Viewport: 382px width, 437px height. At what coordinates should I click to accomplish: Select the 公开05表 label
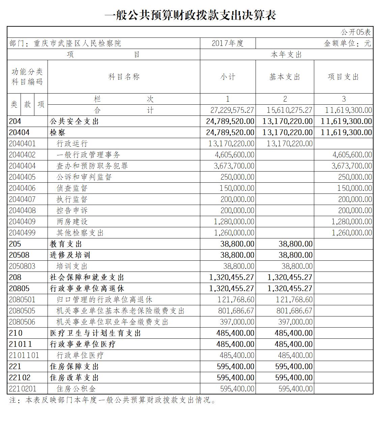tap(355, 32)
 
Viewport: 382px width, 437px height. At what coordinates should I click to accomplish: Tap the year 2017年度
tap(228, 43)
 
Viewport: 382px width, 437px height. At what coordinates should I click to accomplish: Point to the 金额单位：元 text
tap(347, 43)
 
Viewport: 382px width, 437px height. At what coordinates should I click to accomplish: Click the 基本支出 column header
tap(285, 77)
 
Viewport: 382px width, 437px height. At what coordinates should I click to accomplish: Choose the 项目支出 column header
tap(343, 77)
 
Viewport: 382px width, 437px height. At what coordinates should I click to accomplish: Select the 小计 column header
tap(228, 77)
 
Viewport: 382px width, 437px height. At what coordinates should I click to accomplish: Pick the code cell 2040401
tap(22, 144)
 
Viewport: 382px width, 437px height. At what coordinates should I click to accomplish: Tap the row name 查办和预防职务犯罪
tap(92, 166)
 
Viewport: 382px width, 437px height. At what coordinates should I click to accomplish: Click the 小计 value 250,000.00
tap(237, 177)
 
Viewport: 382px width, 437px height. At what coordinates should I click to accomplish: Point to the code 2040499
tap(22, 233)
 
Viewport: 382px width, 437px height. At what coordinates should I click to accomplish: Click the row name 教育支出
tap(66, 244)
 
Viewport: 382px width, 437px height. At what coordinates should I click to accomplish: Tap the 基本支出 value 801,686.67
tap(294, 311)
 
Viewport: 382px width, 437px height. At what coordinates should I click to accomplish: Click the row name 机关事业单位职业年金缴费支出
tap(112, 322)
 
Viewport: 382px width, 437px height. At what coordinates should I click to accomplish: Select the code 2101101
tap(24, 355)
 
